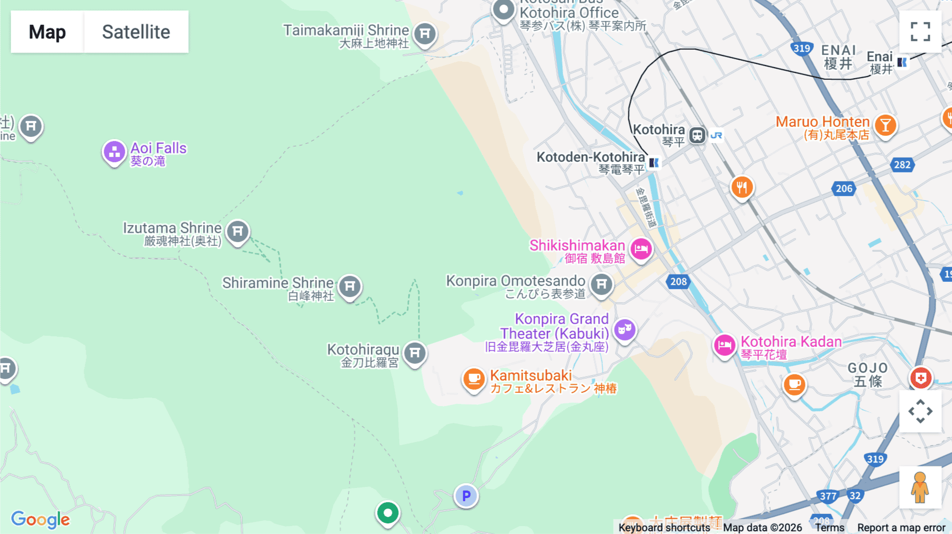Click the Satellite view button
[x=136, y=32]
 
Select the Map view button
[x=47, y=32]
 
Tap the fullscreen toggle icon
[x=920, y=32]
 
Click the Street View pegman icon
[x=920, y=487]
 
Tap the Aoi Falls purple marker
[x=114, y=152]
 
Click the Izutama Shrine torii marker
[x=237, y=232]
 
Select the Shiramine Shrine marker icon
[x=350, y=287]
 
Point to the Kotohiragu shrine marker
[x=415, y=353]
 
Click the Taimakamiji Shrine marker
[x=425, y=34]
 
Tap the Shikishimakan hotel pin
[x=641, y=248]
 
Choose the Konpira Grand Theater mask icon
[x=625, y=330]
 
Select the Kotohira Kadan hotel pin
[x=724, y=345]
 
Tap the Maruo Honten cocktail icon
[x=885, y=126]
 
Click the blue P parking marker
[x=466, y=496]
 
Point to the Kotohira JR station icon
[x=697, y=135]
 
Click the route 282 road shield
[x=902, y=164]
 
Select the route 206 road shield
[x=844, y=188]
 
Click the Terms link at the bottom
[x=829, y=527]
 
